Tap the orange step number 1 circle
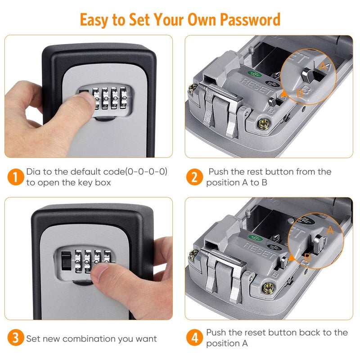pos(15,177)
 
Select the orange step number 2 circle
pos(194,177)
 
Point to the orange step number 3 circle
pos(15,338)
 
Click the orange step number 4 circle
pos(194,338)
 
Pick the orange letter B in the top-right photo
pos(300,94)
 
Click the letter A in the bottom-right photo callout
pos(331,230)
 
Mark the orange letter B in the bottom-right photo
pos(307,257)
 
